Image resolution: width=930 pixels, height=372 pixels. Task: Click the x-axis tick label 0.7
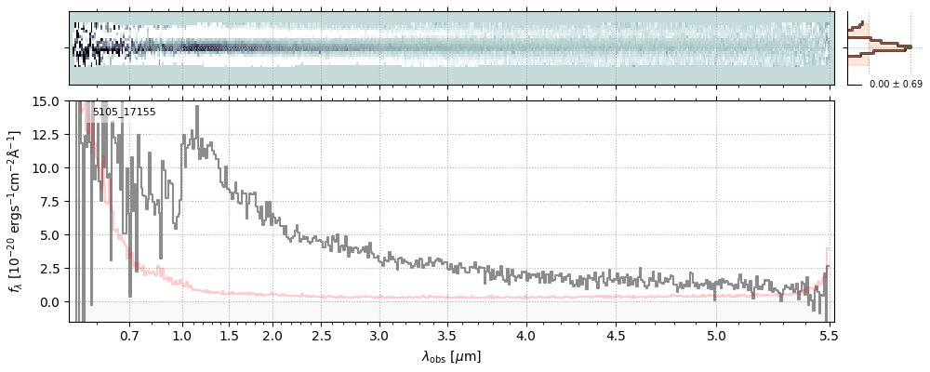pyautogui.click(x=129, y=335)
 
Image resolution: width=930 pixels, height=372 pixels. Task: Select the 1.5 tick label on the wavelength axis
pyautogui.click(x=229, y=335)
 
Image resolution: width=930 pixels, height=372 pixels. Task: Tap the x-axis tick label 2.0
pyautogui.click(x=272, y=335)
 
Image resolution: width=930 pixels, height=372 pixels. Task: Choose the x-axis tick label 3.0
pyautogui.click(x=379, y=335)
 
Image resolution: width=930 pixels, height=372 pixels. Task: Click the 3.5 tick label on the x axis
pyautogui.click(x=449, y=335)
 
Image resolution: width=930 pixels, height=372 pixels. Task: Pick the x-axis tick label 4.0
pyautogui.click(x=526, y=335)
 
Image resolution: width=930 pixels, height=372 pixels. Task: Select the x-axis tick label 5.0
pyautogui.click(x=716, y=335)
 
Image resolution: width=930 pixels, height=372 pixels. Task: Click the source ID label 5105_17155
pyautogui.click(x=124, y=113)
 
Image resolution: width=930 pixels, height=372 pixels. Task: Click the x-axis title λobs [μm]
pyautogui.click(x=451, y=356)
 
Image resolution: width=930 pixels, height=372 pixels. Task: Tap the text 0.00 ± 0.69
pyautogui.click(x=896, y=85)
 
